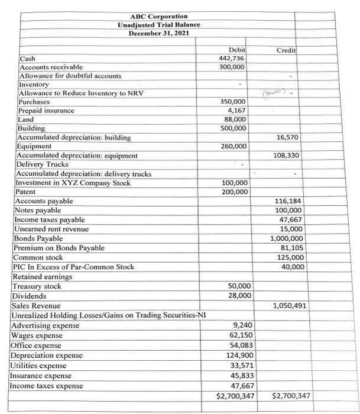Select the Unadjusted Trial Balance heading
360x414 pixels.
[158, 24]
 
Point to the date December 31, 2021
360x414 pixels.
[158, 33]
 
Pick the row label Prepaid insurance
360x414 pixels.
[47, 111]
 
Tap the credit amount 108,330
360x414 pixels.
[290, 156]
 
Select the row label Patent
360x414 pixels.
[25, 192]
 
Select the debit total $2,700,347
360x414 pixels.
[235, 395]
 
